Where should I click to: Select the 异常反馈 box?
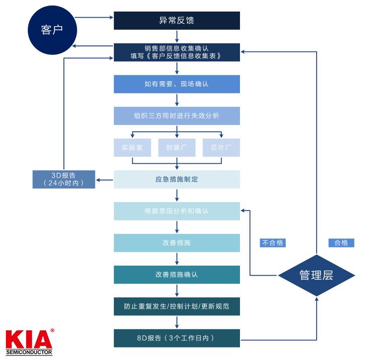tap(176, 21)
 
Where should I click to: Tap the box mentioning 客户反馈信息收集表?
tap(176, 52)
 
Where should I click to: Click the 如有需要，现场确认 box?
tap(176, 84)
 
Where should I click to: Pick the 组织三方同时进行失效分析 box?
tap(176, 115)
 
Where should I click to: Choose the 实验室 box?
tap(132, 147)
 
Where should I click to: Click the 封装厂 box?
tap(176, 147)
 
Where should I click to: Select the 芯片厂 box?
tap(221, 147)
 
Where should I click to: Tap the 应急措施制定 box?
tap(176, 179)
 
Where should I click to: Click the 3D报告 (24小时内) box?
tap(64, 179)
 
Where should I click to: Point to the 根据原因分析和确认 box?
tap(176, 211)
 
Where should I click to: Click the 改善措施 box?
tap(176, 243)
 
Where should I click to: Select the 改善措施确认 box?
tap(176, 274)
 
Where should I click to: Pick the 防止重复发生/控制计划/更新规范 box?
tap(176, 306)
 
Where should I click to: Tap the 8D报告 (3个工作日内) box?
tap(176, 338)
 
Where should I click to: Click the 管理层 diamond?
tap(317, 275)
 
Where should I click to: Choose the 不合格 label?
tap(273, 243)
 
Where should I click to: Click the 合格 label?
tap(341, 243)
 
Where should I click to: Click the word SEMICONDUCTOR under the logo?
tap(29, 351)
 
